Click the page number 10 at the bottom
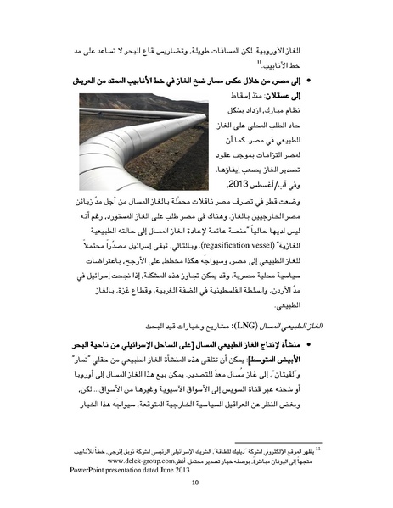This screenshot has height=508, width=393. tap(195, 484)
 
